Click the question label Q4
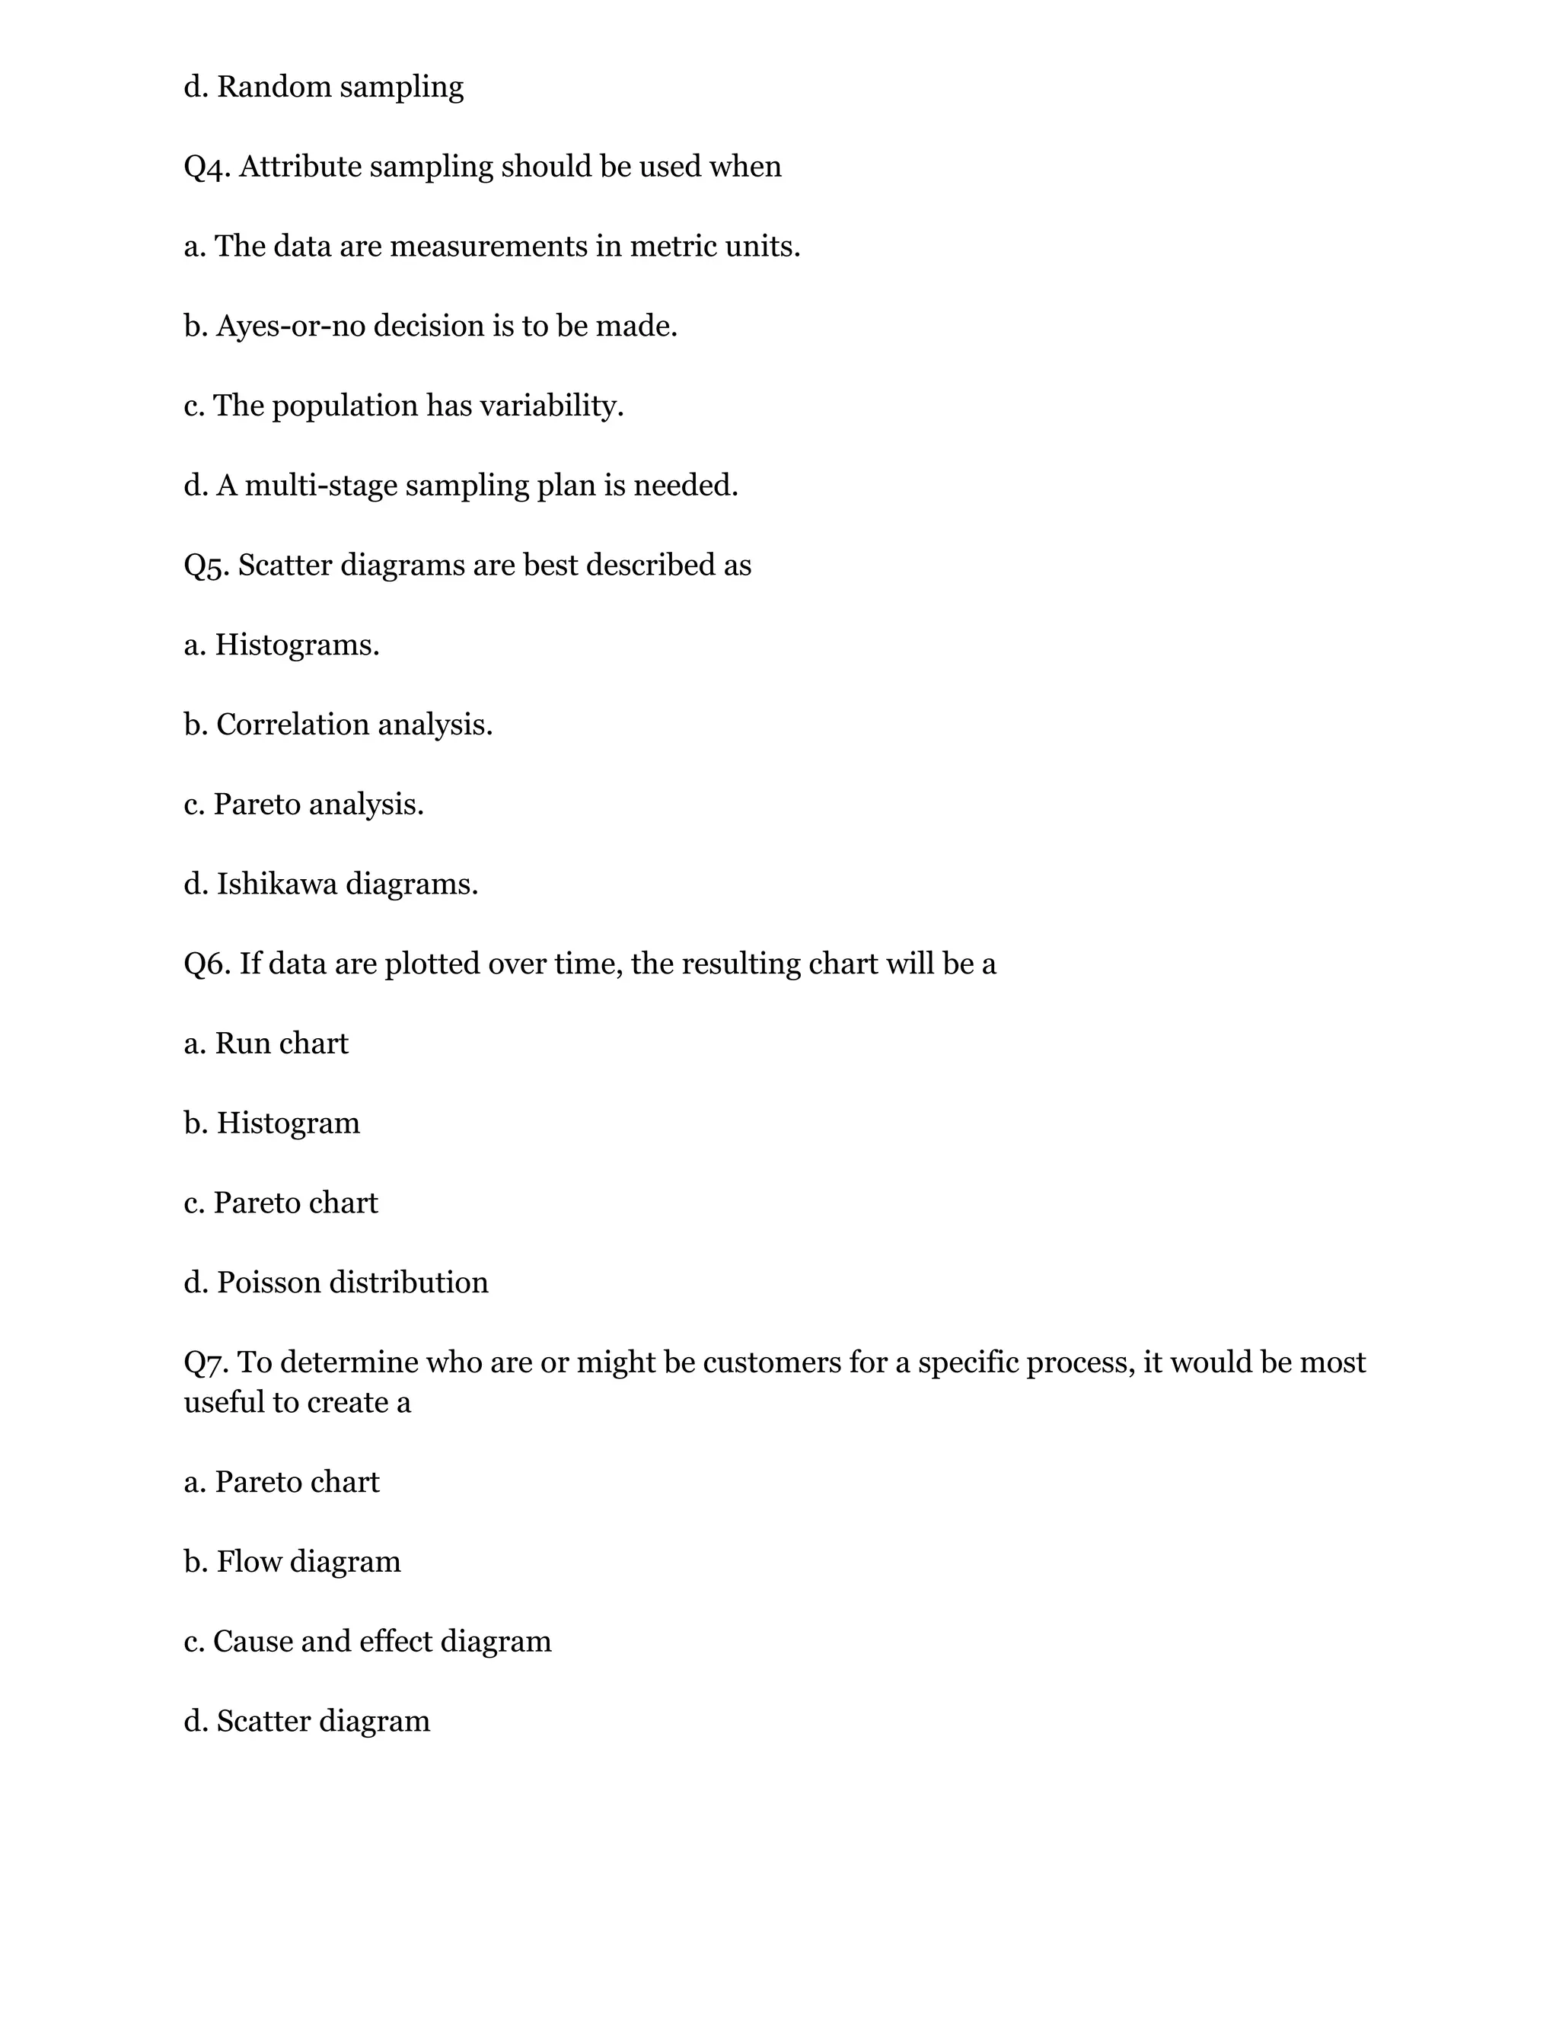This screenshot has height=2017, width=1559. [x=207, y=167]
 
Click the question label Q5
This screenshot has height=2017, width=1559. [x=207, y=566]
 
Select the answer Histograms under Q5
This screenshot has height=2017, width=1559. [x=296, y=645]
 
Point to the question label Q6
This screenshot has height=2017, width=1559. [x=207, y=964]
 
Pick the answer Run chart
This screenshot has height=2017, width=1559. [x=281, y=1044]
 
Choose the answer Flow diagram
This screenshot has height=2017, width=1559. [x=308, y=1562]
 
